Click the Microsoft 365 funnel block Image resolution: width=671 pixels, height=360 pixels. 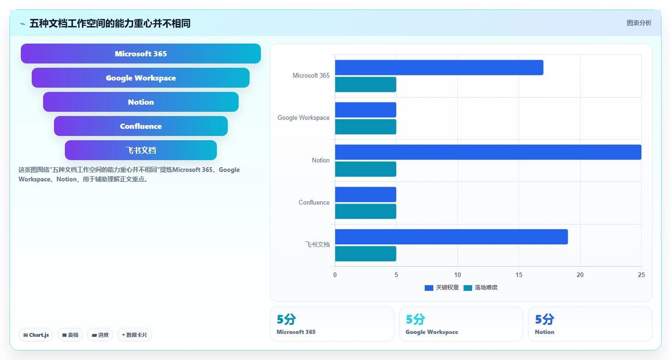(x=141, y=54)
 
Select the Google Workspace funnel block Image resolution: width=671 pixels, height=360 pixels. (x=141, y=78)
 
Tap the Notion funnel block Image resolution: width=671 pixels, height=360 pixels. (x=141, y=102)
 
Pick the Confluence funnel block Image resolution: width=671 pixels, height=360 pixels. (x=141, y=126)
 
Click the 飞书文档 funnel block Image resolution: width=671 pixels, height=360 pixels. (x=141, y=150)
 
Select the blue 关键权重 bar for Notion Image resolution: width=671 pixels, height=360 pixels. (x=488, y=152)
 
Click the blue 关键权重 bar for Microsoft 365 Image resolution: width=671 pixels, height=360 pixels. (x=439, y=67)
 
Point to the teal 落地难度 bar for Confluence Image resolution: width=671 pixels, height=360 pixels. (x=366, y=211)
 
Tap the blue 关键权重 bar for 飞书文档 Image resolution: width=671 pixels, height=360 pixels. (x=451, y=237)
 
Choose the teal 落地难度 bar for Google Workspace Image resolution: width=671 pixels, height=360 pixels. (x=366, y=127)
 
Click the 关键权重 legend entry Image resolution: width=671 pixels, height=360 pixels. (x=442, y=288)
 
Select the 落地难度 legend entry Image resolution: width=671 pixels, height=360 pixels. (x=481, y=288)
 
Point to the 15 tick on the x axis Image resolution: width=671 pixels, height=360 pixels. (x=519, y=275)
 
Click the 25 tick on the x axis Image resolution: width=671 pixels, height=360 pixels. (x=641, y=275)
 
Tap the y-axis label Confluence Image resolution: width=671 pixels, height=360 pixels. (x=314, y=202)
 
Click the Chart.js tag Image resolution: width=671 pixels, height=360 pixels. (x=36, y=335)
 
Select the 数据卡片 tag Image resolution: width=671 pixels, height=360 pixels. (x=134, y=335)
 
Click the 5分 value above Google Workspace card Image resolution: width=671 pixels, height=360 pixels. (x=415, y=320)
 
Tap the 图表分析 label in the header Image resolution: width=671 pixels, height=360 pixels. (x=639, y=23)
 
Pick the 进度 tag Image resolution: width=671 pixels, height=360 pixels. (x=100, y=335)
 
